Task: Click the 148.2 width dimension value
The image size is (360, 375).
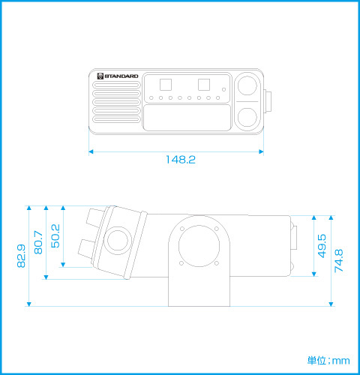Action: (181, 160)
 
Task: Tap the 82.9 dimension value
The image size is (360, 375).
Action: (21, 256)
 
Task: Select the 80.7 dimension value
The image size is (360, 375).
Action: (38, 242)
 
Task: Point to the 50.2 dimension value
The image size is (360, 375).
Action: (55, 236)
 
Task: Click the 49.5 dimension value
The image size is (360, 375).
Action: (322, 246)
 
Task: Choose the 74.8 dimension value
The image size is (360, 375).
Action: (339, 260)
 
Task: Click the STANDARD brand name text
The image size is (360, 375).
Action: (121, 76)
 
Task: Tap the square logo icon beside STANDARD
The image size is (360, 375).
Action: (100, 76)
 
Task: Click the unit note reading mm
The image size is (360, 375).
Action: (341, 361)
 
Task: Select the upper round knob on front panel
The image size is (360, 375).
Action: (247, 85)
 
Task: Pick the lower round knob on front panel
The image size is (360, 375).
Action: (247, 117)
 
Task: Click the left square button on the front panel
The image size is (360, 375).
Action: (166, 85)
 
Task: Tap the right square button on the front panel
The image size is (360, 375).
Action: (204, 85)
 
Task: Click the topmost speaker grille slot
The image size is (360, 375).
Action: (116, 85)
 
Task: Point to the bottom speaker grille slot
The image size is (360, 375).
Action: (116, 119)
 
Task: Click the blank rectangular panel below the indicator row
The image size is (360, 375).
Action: (187, 118)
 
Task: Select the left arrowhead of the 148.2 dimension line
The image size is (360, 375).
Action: (91, 151)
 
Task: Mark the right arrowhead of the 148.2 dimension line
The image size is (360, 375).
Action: (261, 151)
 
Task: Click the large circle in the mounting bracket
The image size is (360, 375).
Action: (199, 246)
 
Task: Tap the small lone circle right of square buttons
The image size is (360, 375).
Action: (223, 89)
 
